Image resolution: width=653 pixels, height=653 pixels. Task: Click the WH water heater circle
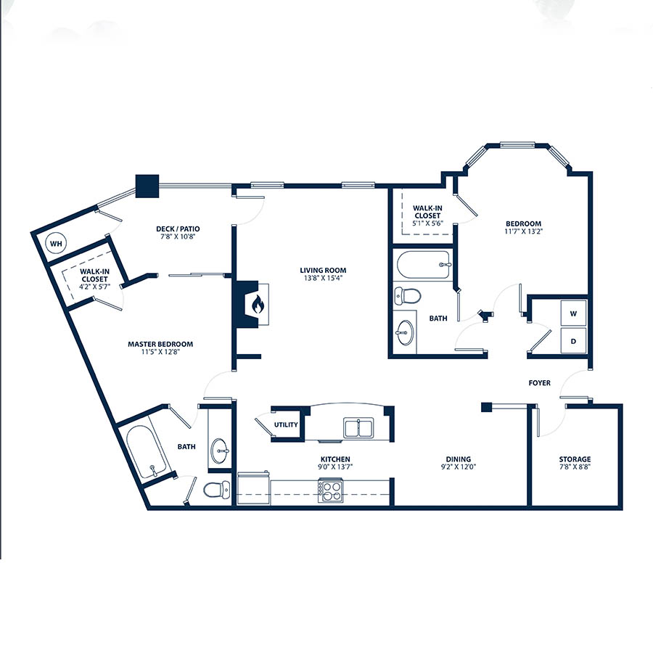pos(56,243)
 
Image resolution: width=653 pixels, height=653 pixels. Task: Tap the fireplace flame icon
pos(258,304)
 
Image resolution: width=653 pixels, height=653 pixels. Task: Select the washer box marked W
pos(573,313)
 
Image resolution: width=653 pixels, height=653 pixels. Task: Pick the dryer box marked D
pos(573,341)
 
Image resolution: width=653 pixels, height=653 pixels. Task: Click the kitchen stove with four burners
pos(331,491)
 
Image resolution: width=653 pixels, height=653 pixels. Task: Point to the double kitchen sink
pos(358,427)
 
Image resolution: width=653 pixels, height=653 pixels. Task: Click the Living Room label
pos(323,271)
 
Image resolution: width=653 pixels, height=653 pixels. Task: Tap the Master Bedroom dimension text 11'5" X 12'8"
pos(160,352)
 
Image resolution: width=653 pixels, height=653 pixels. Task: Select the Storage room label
pos(575,459)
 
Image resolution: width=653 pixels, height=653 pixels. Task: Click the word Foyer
pos(539,382)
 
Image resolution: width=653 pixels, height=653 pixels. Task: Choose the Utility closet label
pos(286,424)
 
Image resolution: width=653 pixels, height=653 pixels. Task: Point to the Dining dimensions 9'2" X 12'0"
pos(458,467)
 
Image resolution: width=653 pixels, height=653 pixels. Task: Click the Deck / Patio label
pos(178,229)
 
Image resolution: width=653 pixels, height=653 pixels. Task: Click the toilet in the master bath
pos(216,489)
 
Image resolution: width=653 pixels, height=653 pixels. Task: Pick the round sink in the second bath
pos(404,333)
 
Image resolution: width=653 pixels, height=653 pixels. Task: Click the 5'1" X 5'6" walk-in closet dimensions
pos(427,223)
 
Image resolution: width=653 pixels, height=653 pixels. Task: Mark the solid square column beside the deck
pos(147,186)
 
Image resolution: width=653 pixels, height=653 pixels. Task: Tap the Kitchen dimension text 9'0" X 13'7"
pos(335,467)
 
